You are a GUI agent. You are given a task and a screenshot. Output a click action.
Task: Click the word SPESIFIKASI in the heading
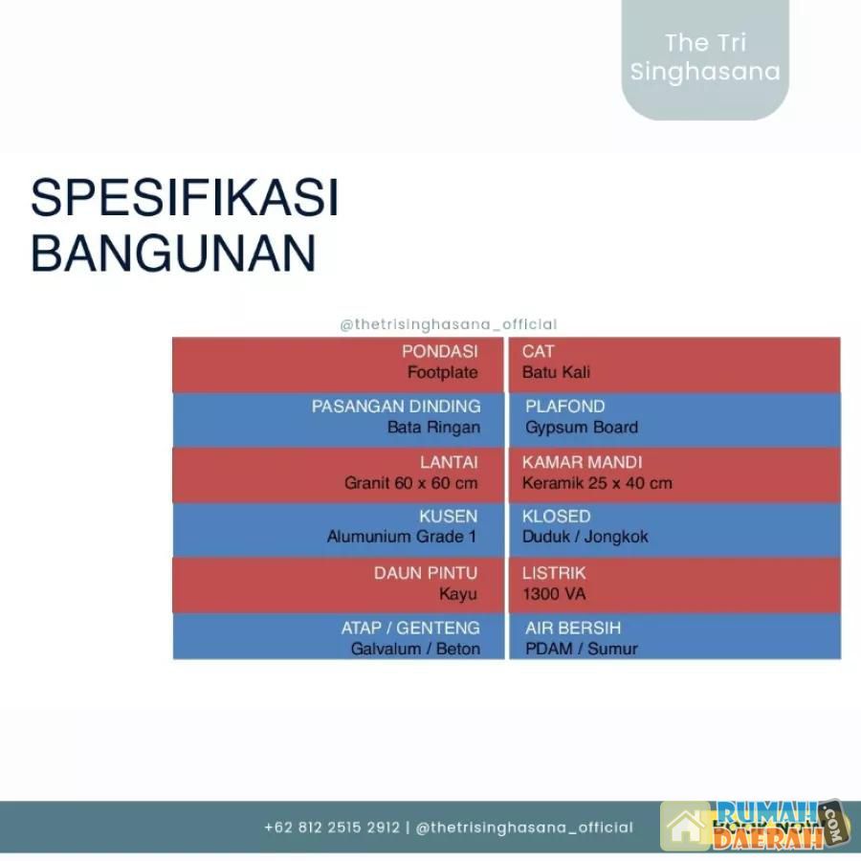coord(185,197)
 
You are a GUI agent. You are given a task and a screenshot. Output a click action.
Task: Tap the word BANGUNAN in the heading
coord(173,254)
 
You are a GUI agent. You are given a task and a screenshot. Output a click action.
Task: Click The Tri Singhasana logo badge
coord(705,58)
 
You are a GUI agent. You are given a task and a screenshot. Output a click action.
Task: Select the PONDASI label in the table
coord(439,351)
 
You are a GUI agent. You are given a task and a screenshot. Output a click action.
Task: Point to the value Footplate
coord(443,372)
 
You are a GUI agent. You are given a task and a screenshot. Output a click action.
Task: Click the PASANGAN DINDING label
coord(396,407)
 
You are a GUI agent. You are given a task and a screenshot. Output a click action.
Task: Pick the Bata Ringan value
coord(433,428)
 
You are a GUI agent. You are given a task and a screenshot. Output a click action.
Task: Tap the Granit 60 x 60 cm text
coord(410,483)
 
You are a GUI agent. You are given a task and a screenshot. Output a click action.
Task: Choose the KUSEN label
coord(448,517)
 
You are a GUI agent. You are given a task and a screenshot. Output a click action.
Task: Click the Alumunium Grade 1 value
coord(402,537)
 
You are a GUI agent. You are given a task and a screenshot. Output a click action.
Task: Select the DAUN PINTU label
coord(426,573)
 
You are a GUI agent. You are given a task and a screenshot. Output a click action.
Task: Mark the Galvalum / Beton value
coord(416,649)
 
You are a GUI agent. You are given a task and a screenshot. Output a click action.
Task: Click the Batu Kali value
coord(556,372)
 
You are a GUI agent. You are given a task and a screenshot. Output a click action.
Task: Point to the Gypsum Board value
coord(582,428)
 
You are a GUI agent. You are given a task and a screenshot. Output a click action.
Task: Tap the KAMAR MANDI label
coord(582,462)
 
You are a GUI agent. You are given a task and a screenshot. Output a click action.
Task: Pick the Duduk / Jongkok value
coord(585,537)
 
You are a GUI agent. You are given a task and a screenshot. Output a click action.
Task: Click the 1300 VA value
coord(554,594)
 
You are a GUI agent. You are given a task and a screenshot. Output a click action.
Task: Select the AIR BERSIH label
coord(573,628)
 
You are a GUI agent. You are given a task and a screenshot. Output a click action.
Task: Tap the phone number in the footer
coord(332,828)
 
